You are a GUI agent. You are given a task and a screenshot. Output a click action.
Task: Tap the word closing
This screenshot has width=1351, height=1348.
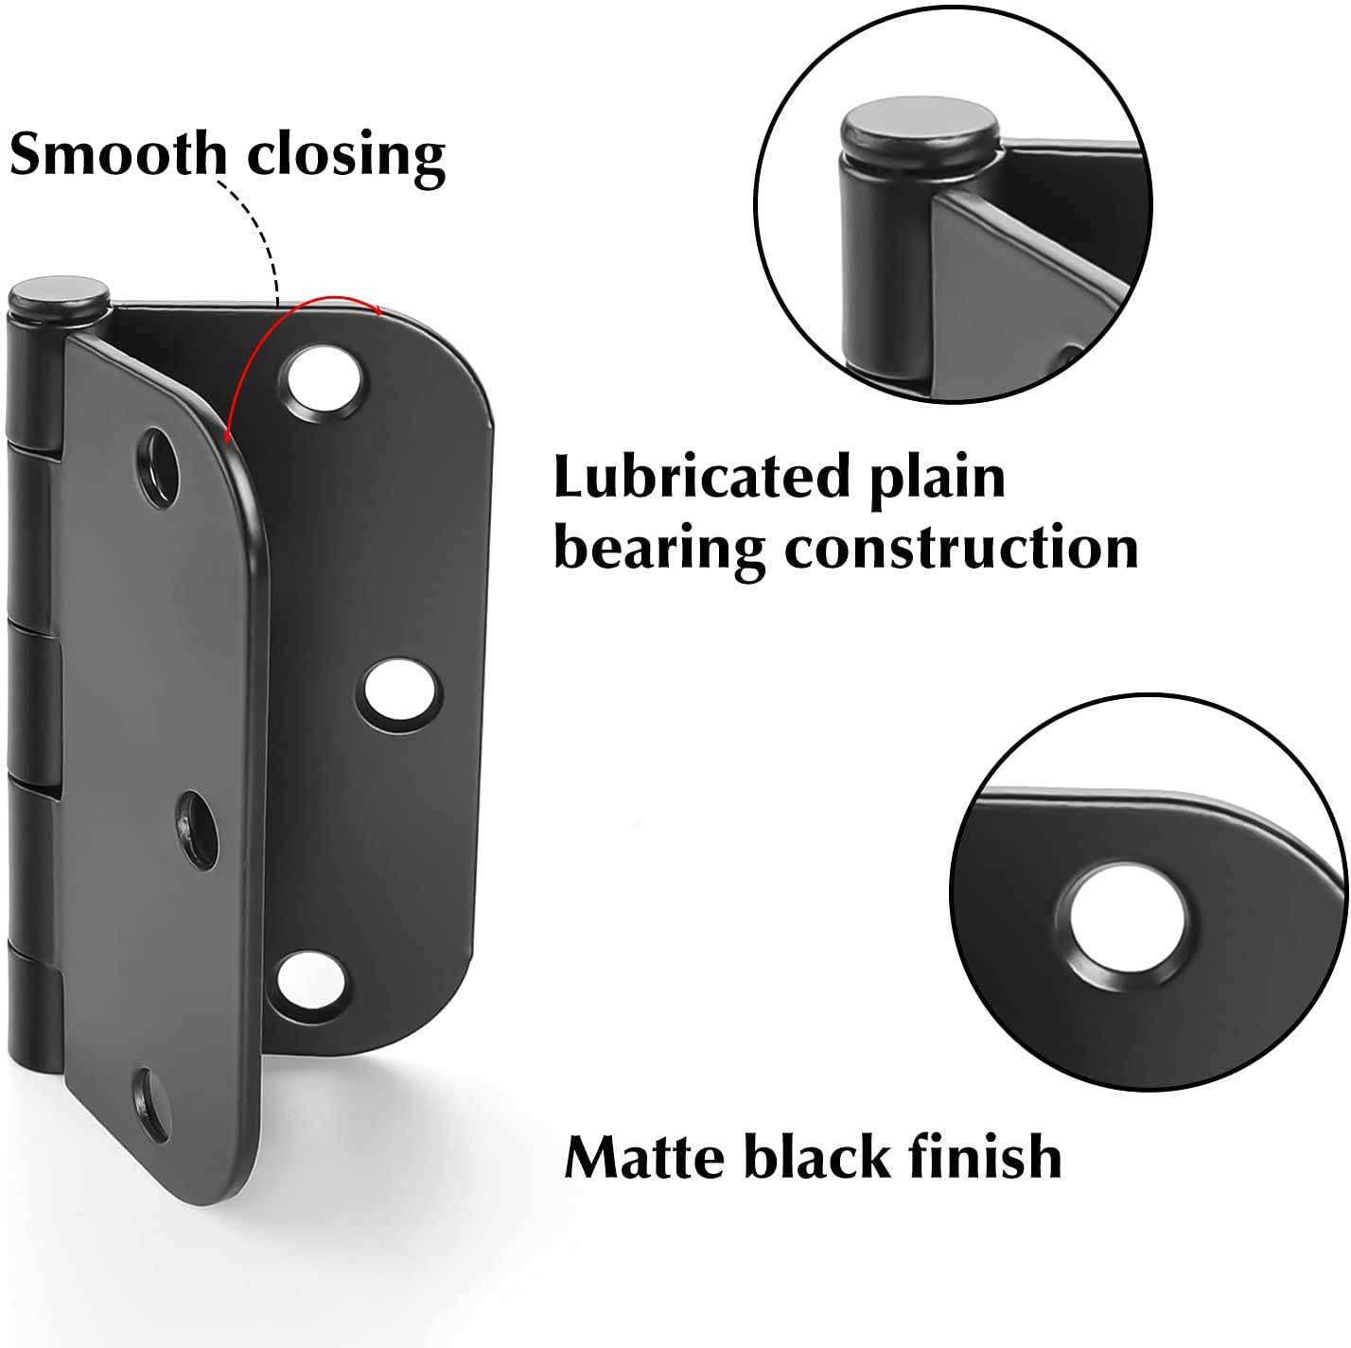[x=338, y=156]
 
